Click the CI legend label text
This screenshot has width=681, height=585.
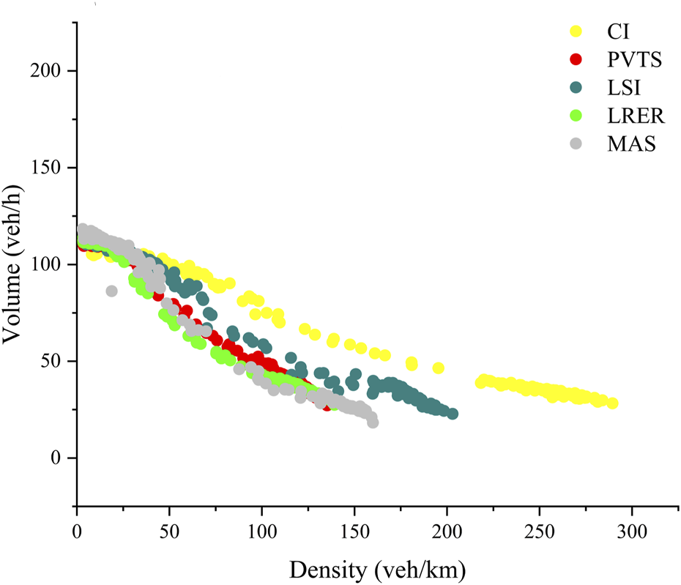point(617,32)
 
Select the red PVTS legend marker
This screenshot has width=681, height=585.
point(576,60)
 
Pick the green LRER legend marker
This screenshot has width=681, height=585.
point(576,116)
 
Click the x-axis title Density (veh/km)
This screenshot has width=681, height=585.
point(378,568)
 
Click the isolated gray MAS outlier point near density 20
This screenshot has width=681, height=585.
point(111,291)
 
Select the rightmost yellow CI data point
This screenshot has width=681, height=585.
point(613,403)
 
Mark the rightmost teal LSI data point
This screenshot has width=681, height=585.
point(453,414)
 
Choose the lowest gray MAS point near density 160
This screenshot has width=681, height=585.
point(373,422)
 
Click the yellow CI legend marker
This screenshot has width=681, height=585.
point(576,32)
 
